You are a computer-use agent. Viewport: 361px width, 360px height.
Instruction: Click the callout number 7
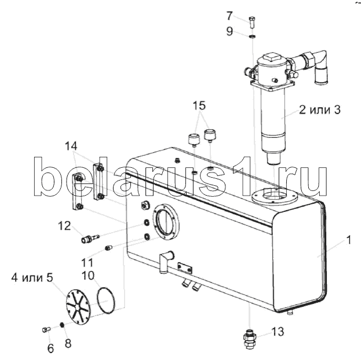tap(229, 16)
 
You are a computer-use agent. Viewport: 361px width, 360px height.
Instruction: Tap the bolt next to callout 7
tap(252, 22)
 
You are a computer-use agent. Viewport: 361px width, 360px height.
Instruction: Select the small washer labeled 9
tap(252, 36)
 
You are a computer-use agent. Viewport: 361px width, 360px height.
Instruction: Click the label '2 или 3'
tap(319, 110)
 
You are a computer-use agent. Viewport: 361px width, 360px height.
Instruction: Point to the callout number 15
tap(199, 105)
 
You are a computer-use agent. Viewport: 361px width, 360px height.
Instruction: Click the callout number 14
tap(71, 146)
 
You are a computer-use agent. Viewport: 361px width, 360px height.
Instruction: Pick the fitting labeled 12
tap(90, 238)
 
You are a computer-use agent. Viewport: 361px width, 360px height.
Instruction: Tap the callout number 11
tap(87, 262)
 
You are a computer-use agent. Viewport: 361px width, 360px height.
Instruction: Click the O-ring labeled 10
tap(105, 300)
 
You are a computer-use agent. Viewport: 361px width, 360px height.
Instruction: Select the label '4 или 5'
tap(32, 278)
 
